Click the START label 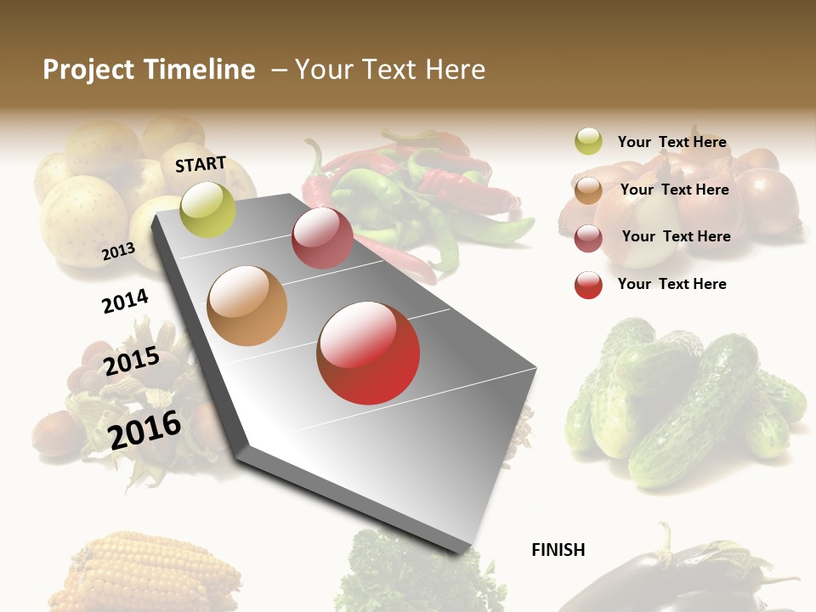201,164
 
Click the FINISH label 558,550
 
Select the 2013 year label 118,251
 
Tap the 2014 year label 125,301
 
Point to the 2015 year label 132,361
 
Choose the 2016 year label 144,430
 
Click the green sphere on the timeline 207,209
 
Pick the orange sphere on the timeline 246,306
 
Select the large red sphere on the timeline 368,353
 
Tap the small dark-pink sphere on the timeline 322,238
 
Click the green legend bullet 588,142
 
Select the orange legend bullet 588,190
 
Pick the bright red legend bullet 588,285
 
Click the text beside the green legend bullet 671,142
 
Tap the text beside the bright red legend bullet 671,284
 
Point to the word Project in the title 89,70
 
